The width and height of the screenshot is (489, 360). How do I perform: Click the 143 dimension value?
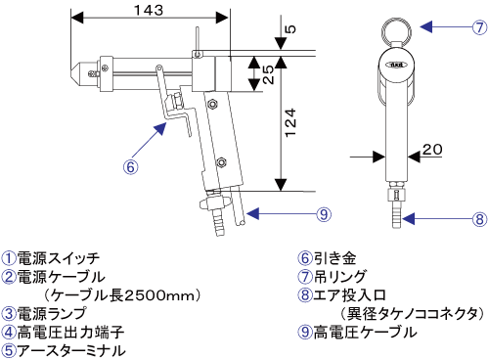[x=149, y=10]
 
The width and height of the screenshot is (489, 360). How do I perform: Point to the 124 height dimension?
[x=290, y=122]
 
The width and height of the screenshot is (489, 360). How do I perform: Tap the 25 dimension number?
[x=268, y=74]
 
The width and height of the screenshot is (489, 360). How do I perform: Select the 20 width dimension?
[x=432, y=150]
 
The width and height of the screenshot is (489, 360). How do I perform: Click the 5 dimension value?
[x=290, y=29]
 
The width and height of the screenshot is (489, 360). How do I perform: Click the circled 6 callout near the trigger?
[x=130, y=167]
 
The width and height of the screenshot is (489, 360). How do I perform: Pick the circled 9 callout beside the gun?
[x=324, y=214]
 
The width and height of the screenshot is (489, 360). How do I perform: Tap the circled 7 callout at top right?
[x=479, y=27]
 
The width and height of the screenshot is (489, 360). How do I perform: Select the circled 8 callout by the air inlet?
[x=479, y=219]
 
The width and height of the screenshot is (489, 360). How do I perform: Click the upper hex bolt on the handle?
[x=213, y=104]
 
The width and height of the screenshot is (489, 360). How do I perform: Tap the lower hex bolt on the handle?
[x=222, y=161]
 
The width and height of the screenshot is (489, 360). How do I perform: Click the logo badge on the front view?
[x=396, y=65]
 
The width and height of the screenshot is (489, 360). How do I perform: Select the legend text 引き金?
[x=334, y=258]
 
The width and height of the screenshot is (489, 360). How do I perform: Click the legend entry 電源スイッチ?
[x=58, y=258]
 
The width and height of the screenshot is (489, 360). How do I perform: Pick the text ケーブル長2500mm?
[x=121, y=295]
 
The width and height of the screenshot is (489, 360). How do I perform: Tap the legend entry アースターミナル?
[x=71, y=351]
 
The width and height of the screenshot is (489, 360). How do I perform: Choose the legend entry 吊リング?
[x=340, y=277]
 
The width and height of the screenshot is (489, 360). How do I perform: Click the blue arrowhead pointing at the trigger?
[x=161, y=128]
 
